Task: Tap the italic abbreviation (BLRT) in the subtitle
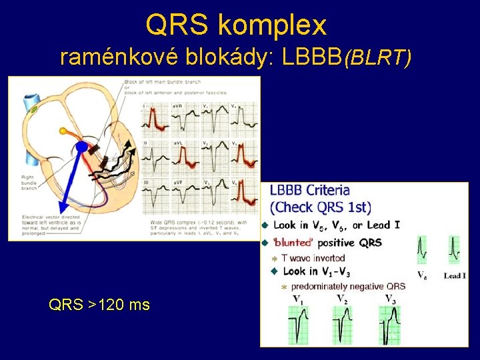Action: tap(377, 59)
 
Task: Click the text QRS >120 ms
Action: tap(99, 305)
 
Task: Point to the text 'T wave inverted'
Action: tap(313, 258)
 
